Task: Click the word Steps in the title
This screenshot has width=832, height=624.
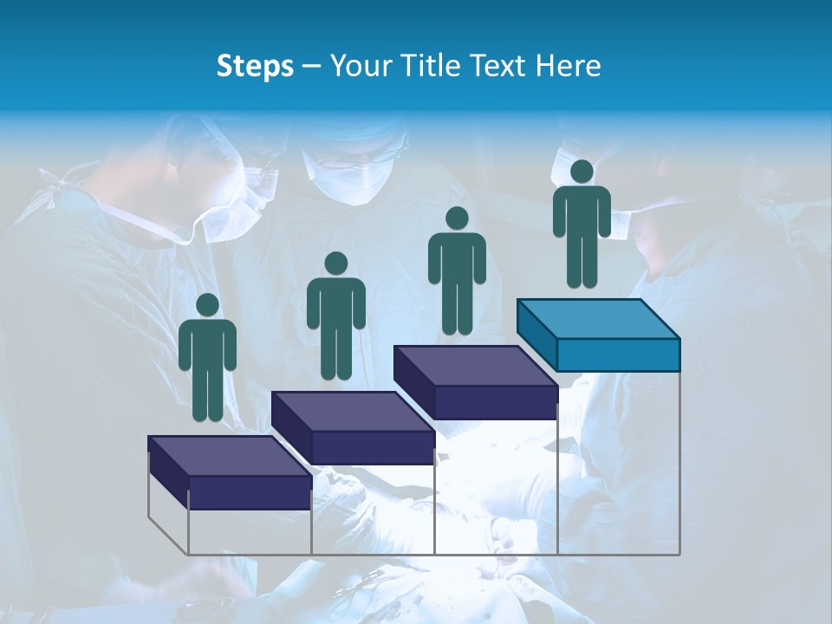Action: tap(255, 67)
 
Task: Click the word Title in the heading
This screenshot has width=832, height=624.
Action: tap(436, 66)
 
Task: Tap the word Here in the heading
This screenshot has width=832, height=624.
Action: tap(568, 66)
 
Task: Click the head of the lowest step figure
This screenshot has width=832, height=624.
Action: tap(207, 305)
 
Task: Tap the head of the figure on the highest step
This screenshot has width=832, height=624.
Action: tap(582, 172)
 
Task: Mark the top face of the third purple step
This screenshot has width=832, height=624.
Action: tap(475, 367)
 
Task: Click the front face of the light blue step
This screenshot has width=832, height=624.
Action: tap(618, 354)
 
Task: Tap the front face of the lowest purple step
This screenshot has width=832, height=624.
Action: tap(250, 492)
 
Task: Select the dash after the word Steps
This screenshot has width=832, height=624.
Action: tap(311, 67)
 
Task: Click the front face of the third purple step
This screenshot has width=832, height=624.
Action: tap(496, 401)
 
